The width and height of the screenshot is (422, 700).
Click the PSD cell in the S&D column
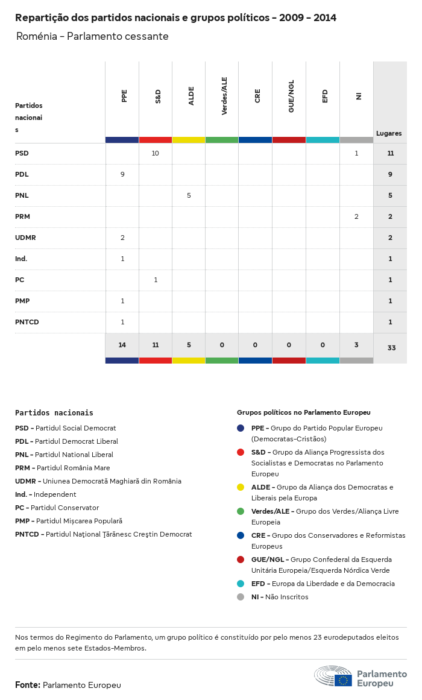[156, 153]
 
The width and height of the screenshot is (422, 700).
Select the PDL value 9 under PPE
[122, 174]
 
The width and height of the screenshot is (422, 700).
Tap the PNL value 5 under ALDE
[189, 195]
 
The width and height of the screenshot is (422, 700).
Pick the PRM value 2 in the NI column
[356, 216]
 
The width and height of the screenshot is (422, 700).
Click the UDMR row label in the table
[25, 238]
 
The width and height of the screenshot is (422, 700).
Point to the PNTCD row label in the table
[27, 322]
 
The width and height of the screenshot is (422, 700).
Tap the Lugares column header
[389, 133]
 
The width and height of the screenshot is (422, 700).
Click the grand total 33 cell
[391, 348]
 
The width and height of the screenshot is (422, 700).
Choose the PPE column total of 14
[122, 345]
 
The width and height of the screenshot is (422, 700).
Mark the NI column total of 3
[356, 345]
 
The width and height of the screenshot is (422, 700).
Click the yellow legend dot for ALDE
[241, 487]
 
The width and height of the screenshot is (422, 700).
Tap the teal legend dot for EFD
[241, 584]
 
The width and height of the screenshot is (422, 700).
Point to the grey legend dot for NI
[241, 597]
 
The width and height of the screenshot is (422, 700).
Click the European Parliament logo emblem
[333, 677]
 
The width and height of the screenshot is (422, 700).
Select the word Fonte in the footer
[27, 685]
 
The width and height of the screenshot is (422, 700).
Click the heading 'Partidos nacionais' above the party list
[54, 413]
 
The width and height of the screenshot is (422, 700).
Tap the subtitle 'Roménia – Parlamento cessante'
[92, 37]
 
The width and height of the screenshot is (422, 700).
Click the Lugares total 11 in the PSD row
[391, 153]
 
